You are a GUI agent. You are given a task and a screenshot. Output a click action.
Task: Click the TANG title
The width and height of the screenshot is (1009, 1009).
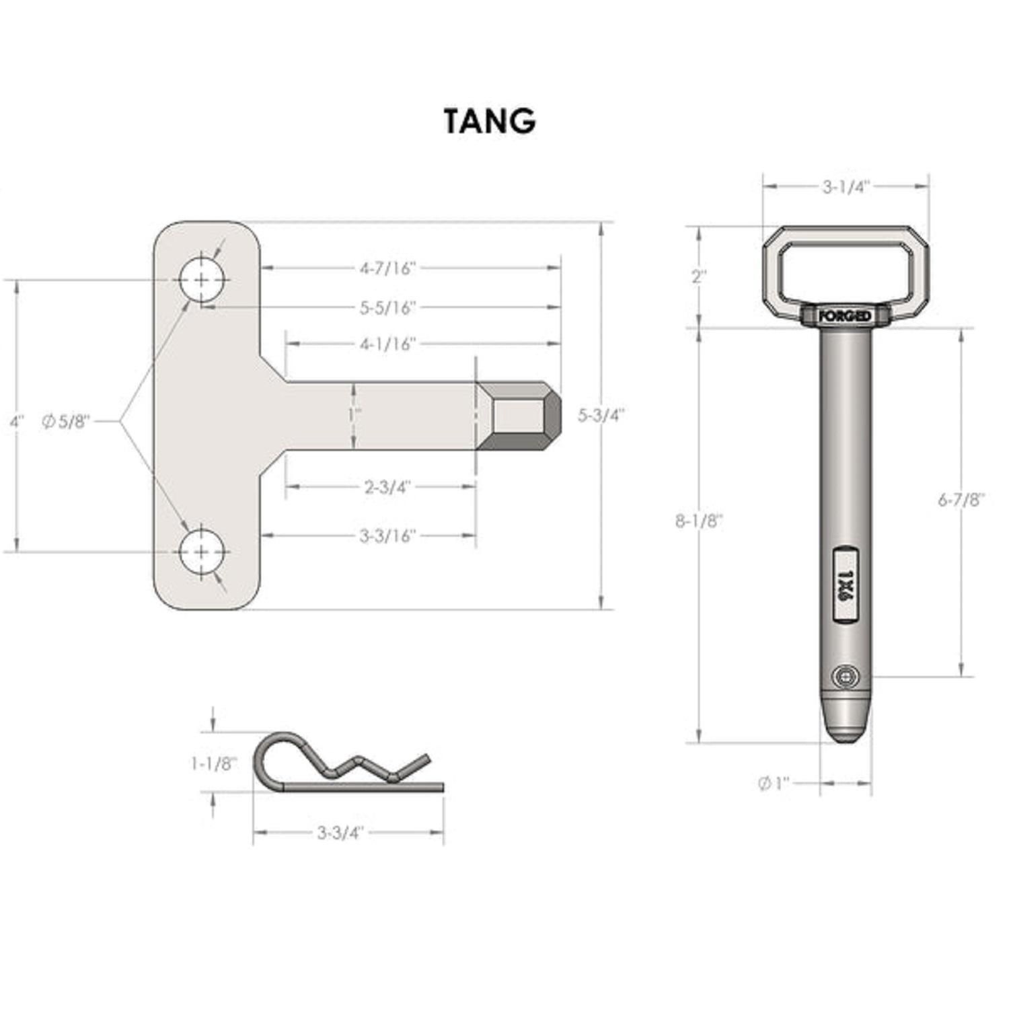tap(490, 122)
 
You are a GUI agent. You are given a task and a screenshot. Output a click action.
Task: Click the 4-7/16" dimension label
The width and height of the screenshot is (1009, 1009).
tap(387, 268)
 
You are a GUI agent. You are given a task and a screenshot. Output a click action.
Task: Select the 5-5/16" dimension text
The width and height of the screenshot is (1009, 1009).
tap(387, 308)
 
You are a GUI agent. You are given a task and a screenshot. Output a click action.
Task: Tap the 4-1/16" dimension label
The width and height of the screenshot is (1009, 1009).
tap(387, 344)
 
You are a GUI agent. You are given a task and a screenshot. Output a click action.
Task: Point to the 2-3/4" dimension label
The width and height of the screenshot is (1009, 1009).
tap(387, 487)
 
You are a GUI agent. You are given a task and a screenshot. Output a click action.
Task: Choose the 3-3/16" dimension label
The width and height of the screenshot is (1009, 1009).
tap(387, 536)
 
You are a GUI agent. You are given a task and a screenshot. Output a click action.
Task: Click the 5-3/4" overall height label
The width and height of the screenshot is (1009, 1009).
tap(601, 416)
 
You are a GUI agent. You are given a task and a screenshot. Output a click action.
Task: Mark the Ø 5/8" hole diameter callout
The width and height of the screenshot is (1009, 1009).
tap(65, 422)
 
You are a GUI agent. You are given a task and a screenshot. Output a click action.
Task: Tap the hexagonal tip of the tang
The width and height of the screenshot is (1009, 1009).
tap(519, 416)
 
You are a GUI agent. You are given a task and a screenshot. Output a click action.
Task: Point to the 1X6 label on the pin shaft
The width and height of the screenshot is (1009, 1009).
tap(846, 583)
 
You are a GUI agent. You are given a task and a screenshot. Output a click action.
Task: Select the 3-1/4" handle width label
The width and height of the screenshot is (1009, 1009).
tap(846, 187)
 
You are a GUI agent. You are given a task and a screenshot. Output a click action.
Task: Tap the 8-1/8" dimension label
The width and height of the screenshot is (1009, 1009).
tap(699, 521)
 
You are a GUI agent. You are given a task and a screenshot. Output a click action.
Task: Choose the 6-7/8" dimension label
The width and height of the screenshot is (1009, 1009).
tap(961, 500)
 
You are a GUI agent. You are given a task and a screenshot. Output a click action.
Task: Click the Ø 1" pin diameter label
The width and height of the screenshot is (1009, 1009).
tap(774, 784)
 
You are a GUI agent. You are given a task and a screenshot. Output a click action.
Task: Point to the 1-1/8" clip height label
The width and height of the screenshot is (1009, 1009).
tap(213, 763)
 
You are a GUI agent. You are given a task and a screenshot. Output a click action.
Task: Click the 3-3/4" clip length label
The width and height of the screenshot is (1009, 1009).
tap(340, 833)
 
